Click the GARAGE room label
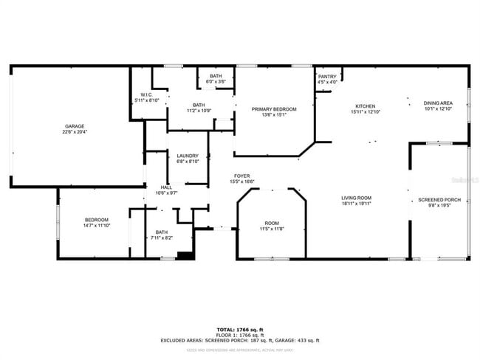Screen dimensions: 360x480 pos(73,126)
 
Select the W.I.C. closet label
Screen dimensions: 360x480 pos(145,94)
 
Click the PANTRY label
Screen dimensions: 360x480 pos(327,77)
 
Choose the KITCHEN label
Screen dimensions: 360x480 pos(366,105)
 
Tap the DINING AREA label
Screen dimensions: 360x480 pos(438,103)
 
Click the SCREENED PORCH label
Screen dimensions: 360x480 pos(439,200)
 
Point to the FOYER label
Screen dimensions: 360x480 pos(242,176)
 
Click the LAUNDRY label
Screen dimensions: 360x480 pos(187,156)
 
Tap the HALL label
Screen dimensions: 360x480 pos(166,187)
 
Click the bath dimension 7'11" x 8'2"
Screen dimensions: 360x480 pos(161,238)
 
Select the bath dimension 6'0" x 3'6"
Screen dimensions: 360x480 pos(216,81)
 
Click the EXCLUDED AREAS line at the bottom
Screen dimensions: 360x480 pos(239,340)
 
